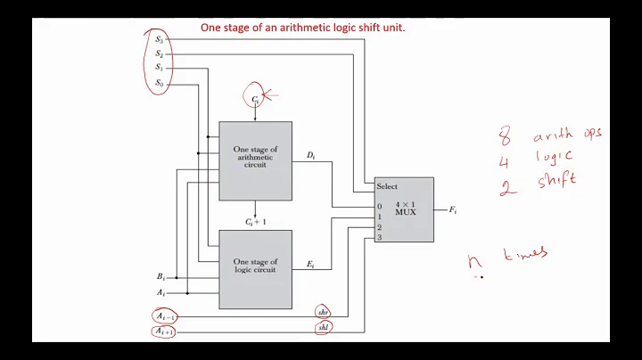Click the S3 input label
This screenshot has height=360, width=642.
coord(159,38)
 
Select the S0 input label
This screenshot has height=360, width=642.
coord(159,83)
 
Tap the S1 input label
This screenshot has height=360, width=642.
coord(159,68)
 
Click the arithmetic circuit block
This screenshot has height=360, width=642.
coord(255,160)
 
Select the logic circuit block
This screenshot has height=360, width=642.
coord(255,265)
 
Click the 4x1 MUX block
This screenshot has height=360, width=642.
coord(404,210)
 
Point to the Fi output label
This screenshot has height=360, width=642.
coord(453,210)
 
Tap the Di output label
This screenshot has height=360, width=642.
coord(310,156)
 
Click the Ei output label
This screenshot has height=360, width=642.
coord(309,265)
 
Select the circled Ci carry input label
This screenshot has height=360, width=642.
coord(255,99)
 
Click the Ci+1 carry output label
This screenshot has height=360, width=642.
coord(255,220)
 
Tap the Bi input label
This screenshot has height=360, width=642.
coord(161,276)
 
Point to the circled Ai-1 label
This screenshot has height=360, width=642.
coord(163,314)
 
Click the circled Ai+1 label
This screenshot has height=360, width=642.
coord(163,331)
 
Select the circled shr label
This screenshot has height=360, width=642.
coord(323,312)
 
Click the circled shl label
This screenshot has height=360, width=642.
coord(323,329)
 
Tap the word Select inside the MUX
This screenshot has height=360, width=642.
coord(387,186)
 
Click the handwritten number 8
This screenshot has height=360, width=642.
coord(505,137)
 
